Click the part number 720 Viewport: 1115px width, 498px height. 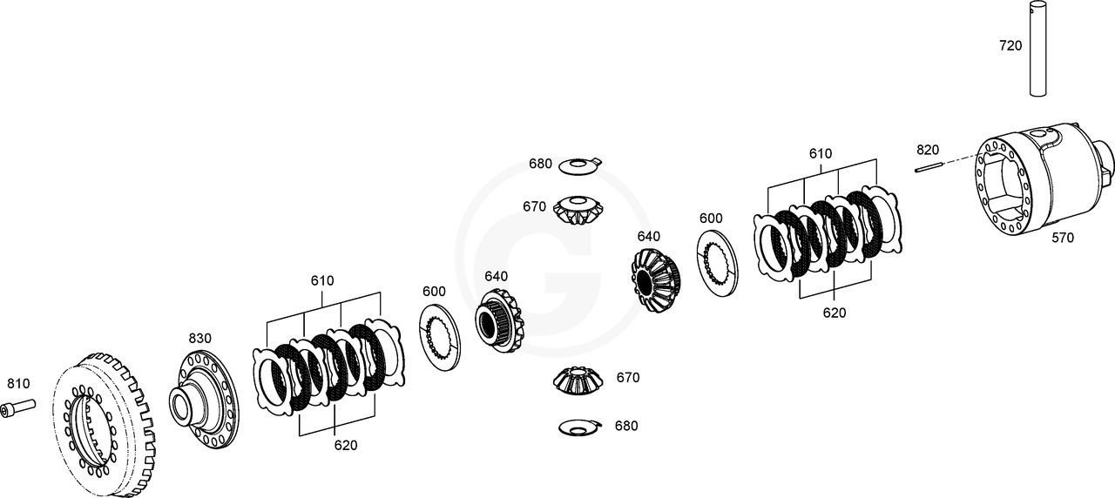1010,45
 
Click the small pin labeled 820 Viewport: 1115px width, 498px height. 929,169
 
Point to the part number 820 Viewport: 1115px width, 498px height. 928,150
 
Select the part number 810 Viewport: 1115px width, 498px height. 18,383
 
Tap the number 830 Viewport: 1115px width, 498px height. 199,338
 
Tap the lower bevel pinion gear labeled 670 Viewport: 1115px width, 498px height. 578,380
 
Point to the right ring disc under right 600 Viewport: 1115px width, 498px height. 718,260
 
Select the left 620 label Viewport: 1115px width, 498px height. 346,445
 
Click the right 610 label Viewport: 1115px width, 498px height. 820,153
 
